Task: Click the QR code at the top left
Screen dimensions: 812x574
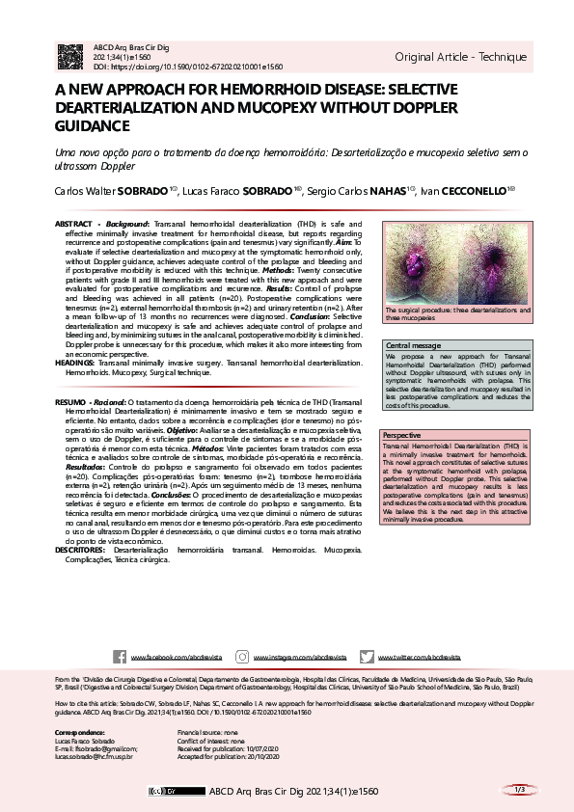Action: coord(71,56)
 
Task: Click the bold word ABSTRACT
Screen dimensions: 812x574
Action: coord(74,224)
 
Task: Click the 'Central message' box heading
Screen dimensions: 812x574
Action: coord(414,345)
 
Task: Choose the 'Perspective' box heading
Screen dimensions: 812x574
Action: coord(402,436)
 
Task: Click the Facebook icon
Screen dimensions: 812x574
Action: coord(120,656)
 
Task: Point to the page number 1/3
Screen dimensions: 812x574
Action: coord(518,790)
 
